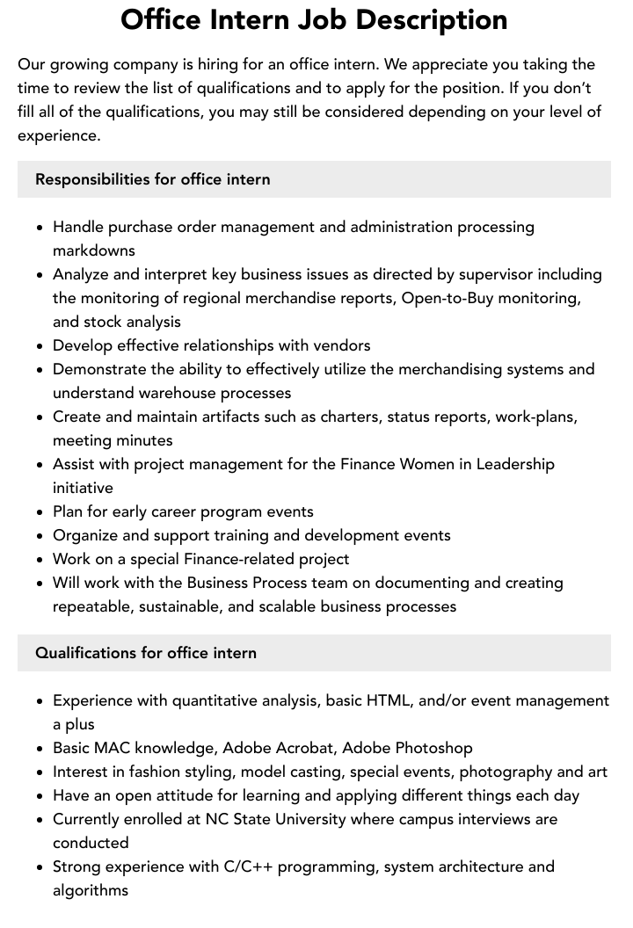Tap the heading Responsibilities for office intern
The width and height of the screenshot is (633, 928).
coord(153,179)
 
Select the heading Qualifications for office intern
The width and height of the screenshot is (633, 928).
coord(146,653)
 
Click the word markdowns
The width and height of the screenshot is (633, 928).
coord(94,250)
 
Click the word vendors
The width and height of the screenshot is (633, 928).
coord(339,345)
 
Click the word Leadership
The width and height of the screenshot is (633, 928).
coord(515,464)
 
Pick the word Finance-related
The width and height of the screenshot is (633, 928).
coord(240,559)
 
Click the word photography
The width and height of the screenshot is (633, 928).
coord(506,772)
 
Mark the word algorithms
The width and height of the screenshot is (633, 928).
coord(91,890)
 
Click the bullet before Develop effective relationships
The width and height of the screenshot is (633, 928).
coord(40,346)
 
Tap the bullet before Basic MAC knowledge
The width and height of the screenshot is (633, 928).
coord(40,749)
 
